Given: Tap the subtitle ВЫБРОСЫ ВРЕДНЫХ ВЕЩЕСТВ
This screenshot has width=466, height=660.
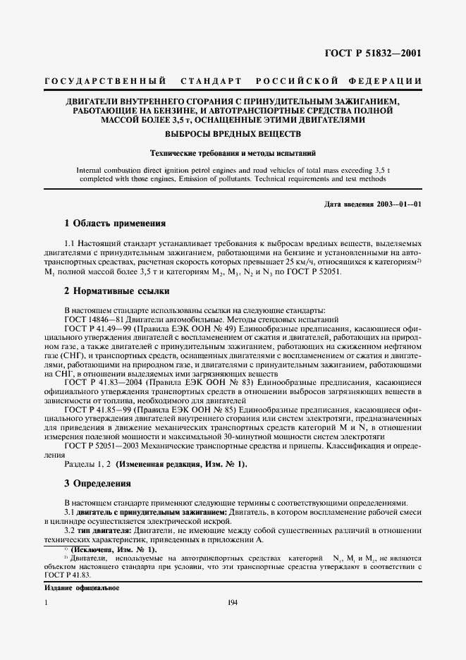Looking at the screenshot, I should coord(233,134).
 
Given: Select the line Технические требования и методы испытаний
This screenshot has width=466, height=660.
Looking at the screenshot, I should coord(233,152).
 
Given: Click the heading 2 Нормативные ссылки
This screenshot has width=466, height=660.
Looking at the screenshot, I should coord(117,291).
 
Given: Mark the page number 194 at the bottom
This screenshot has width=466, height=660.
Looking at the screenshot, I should coord(233,601).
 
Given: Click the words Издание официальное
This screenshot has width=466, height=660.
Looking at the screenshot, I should coord(81,587).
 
